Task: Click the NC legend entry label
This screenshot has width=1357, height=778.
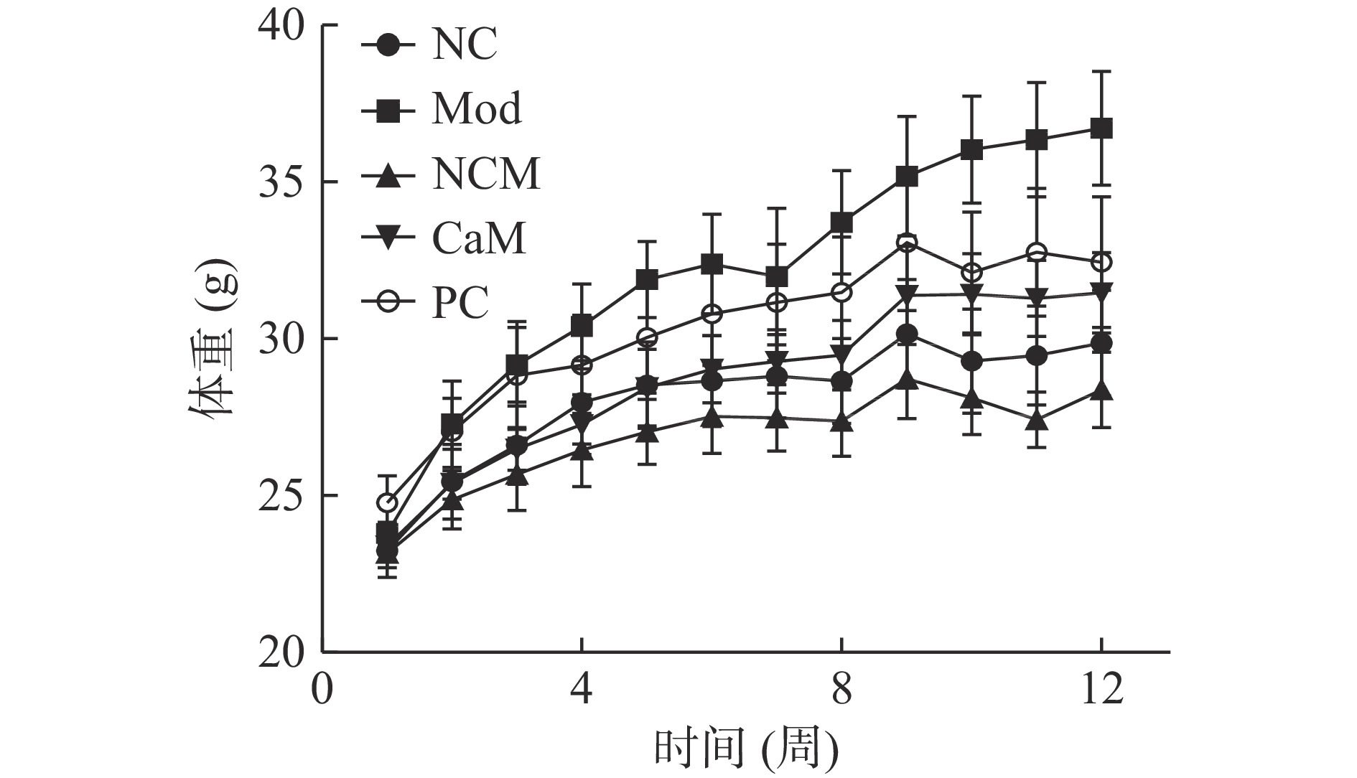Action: [464, 45]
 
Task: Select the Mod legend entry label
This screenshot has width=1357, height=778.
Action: [477, 109]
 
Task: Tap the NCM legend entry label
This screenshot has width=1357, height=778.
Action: [485, 174]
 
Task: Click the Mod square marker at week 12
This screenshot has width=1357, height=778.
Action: [1101, 129]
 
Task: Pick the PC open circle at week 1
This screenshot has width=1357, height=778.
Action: [388, 502]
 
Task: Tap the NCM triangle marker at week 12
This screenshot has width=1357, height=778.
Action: [1101, 391]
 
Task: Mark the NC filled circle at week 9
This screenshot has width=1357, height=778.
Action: [907, 334]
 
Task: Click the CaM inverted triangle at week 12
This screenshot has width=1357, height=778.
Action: [1101, 291]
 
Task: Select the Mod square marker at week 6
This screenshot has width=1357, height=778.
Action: [712, 264]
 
